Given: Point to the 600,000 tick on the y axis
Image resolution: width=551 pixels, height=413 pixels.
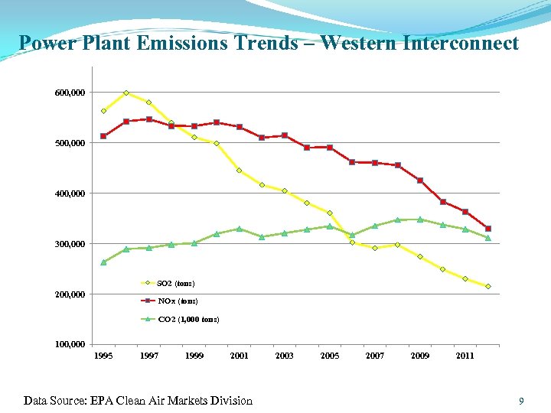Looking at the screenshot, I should (x=70, y=93).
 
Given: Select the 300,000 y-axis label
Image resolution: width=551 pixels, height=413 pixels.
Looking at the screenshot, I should (x=70, y=244).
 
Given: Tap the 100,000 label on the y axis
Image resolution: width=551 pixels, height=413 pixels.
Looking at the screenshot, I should (x=70, y=345).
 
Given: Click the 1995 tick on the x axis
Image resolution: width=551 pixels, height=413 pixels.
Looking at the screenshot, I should (x=103, y=356).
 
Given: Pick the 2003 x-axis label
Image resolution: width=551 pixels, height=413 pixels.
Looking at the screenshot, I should (x=285, y=356).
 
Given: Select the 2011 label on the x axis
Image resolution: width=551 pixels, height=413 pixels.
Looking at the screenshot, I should (x=465, y=356).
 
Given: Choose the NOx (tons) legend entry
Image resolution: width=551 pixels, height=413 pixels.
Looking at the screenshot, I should (x=177, y=301).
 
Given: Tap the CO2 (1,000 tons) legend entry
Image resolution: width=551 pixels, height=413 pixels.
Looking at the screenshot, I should (x=188, y=319).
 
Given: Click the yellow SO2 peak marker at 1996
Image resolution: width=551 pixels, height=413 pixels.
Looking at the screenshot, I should (x=126, y=93).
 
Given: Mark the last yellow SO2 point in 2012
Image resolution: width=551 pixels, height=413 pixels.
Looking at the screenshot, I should (x=487, y=286).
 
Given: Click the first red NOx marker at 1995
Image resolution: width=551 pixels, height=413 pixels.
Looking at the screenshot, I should (x=103, y=136).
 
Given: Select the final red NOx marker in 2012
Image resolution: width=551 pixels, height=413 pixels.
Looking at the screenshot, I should (x=487, y=229).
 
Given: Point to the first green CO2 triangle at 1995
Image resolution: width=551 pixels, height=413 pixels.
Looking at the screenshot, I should (x=103, y=262).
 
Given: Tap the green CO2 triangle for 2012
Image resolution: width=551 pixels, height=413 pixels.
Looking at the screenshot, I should (x=487, y=237).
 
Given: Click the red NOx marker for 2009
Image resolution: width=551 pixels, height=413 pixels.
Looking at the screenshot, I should (x=420, y=180).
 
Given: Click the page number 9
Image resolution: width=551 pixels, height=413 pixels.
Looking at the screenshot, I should (x=521, y=401).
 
